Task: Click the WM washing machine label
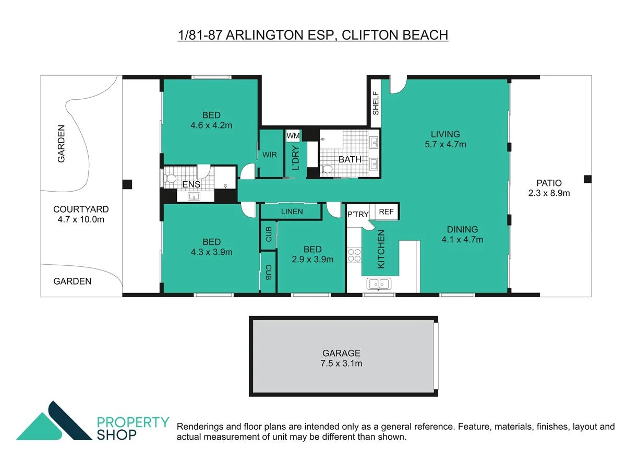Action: [x=293, y=136]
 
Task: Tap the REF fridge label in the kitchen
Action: [x=386, y=211]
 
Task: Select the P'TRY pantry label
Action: [x=358, y=214]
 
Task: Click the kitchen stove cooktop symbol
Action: [x=354, y=255]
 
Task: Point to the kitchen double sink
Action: [x=379, y=284]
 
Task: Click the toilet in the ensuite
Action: [x=170, y=179]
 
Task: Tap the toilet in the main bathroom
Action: [x=327, y=169]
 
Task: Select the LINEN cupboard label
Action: [x=292, y=211]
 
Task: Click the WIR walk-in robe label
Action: [x=270, y=155]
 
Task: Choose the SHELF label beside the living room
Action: [x=376, y=103]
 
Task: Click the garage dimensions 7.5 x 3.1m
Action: [x=341, y=363]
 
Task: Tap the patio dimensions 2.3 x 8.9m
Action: [x=549, y=193]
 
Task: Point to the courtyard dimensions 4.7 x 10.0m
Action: [x=81, y=219]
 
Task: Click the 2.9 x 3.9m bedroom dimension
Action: [x=312, y=259]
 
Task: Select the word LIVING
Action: [x=445, y=134]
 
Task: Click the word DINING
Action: [x=462, y=229]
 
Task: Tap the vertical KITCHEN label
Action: [x=381, y=249]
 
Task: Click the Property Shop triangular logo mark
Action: [x=54, y=420]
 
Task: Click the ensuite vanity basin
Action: [x=194, y=196]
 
